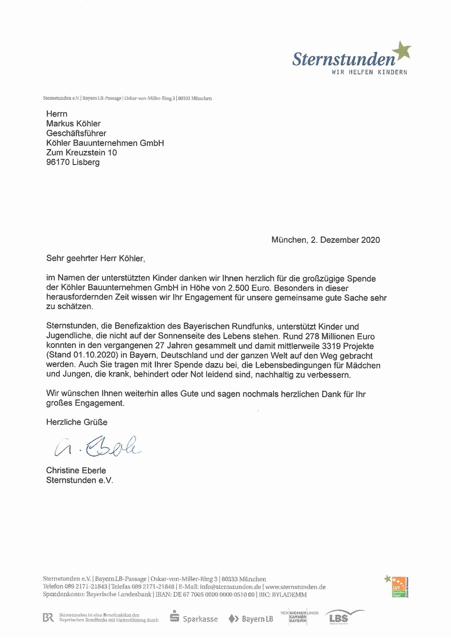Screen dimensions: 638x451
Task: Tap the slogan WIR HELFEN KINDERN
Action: (369, 72)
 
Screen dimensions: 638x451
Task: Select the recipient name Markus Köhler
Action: (73, 123)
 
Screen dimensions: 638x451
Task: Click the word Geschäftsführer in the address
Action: (76, 134)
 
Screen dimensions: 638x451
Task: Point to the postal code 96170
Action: (59, 162)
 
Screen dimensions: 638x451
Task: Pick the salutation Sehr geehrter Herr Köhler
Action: (95, 258)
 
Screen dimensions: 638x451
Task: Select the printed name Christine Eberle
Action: (76, 471)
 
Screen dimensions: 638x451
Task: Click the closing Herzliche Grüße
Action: (77, 422)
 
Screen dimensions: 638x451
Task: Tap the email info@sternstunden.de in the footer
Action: (231, 587)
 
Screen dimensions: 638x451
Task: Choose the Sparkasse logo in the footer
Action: (194, 619)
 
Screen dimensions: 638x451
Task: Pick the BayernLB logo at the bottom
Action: (249, 619)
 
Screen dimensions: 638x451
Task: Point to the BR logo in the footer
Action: (48, 618)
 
